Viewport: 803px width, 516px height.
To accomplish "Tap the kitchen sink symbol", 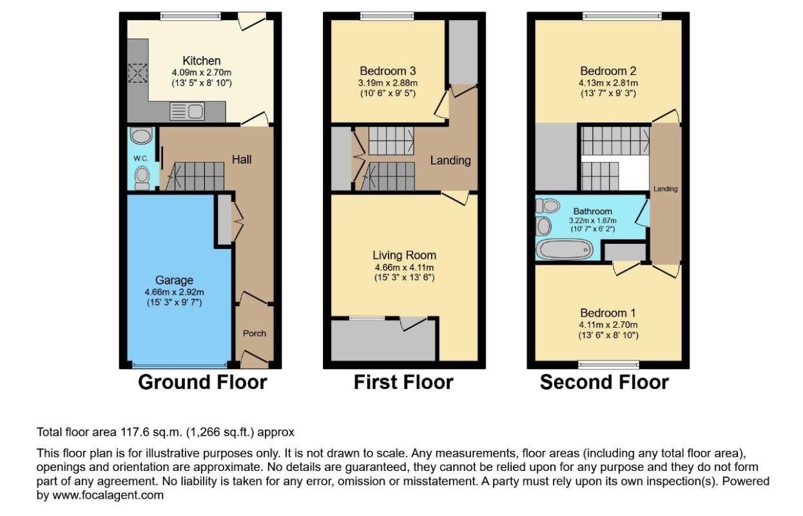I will click(187, 113).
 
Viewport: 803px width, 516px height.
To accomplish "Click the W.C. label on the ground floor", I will click(141, 158).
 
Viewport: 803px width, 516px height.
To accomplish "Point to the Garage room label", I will click(173, 280).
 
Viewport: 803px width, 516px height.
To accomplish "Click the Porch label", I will click(254, 333).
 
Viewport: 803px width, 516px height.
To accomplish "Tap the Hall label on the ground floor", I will click(242, 159).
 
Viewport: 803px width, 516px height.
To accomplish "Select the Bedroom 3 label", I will click(387, 71).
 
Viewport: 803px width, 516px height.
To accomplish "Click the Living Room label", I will click(404, 255).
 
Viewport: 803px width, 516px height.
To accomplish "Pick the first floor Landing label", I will click(450, 161).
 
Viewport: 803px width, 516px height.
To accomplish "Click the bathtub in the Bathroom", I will click(564, 248).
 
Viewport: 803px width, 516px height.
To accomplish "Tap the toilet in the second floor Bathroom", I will click(548, 206).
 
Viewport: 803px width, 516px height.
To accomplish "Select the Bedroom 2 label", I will click(608, 71).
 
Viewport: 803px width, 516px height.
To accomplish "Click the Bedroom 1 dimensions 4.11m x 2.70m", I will click(608, 324).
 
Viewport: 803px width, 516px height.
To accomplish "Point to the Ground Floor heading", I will click(202, 382).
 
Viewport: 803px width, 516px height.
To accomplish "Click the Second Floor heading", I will click(604, 382).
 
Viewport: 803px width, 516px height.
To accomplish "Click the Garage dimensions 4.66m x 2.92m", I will click(173, 292).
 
